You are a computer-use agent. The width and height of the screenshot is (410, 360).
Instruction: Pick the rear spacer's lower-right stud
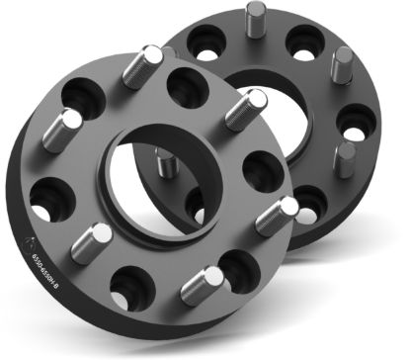(345, 158)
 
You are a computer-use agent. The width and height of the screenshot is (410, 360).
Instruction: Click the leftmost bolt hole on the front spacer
(45, 197)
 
